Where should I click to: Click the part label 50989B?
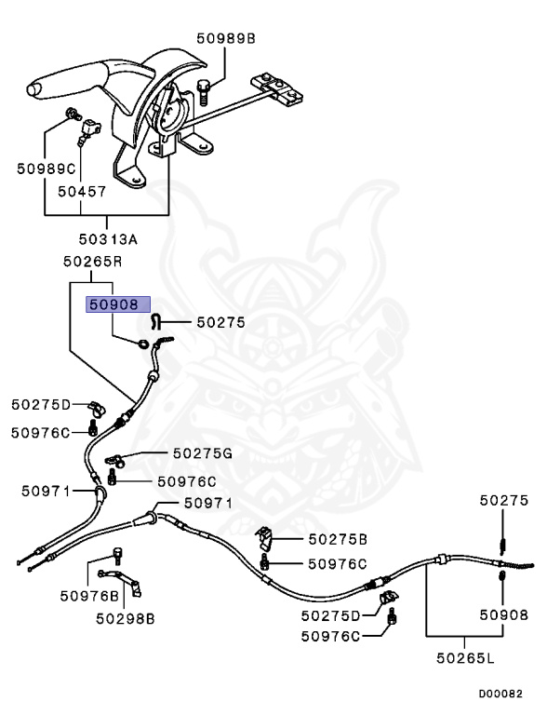[226, 38]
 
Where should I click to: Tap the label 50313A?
[108, 238]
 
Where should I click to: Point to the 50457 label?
[82, 192]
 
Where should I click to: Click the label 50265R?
[92, 262]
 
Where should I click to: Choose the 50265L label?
[465, 657]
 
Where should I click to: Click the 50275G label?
[203, 453]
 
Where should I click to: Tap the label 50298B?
[126, 618]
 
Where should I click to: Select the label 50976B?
[90, 596]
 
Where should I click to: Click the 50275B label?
[338, 539]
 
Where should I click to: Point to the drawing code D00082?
[500, 694]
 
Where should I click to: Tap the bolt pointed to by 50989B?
[204, 92]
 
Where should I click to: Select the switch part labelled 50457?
[89, 129]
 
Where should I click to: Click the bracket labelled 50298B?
[121, 581]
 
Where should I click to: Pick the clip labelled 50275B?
[264, 538]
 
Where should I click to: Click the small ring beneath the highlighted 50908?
[142, 344]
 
